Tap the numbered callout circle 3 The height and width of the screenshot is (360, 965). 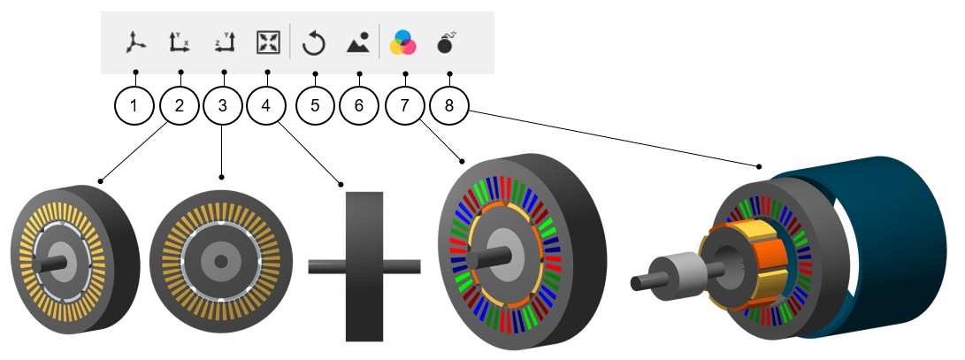click(223, 106)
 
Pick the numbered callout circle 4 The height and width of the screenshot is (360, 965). click(268, 106)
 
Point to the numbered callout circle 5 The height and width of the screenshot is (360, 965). click(314, 106)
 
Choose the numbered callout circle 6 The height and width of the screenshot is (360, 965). click(358, 106)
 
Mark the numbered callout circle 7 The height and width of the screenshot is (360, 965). click(404, 106)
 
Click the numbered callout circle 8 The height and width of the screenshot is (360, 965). click(449, 106)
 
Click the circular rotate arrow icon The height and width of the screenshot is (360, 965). click(314, 42)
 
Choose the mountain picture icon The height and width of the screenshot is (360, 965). click(358, 42)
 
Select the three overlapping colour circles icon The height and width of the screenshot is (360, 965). click(404, 42)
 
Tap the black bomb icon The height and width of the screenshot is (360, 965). click(449, 42)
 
